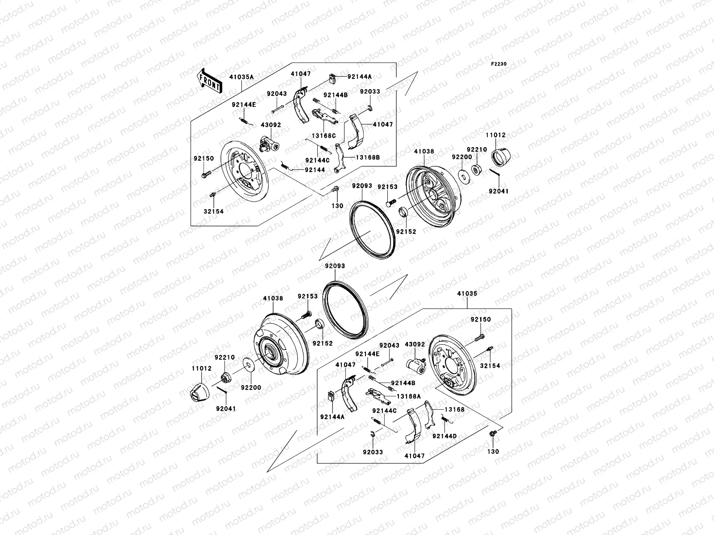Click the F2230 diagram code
pos(499,64)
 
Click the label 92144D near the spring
pos(444,436)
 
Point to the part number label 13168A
pos(406,396)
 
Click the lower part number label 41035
pos(467,294)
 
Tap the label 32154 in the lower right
pos(490,366)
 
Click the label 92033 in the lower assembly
pos(373,452)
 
